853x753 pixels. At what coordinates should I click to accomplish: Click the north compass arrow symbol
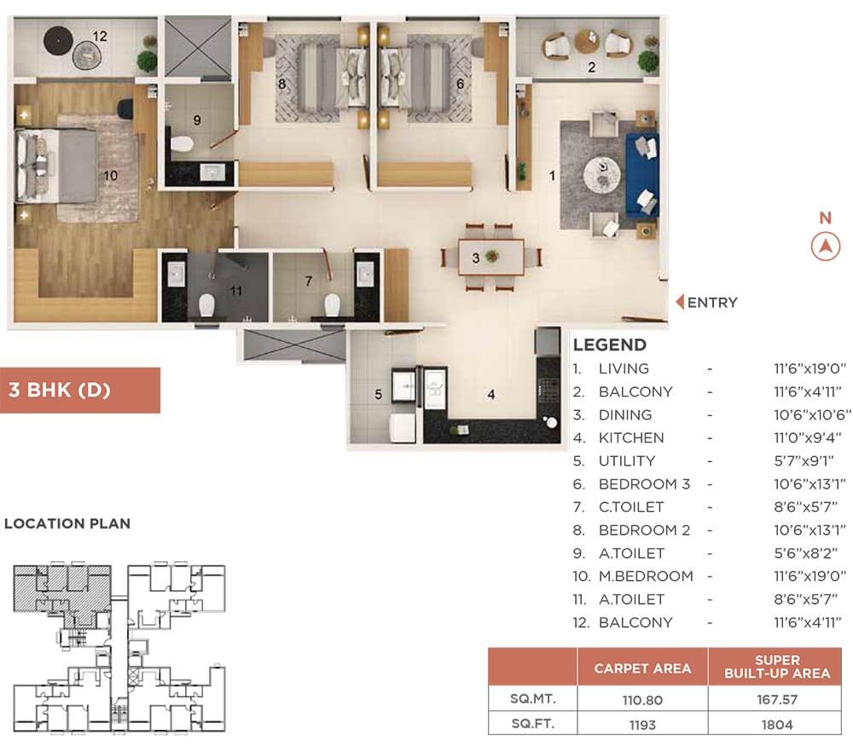(825, 246)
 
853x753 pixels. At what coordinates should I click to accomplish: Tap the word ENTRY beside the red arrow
(712, 302)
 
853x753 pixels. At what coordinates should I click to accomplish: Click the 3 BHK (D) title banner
(80, 390)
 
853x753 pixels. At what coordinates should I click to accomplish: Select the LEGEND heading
(609, 345)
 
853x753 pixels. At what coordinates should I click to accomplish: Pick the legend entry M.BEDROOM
(646, 576)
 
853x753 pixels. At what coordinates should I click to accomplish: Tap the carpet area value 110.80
(642, 700)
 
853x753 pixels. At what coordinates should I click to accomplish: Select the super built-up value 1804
(777, 725)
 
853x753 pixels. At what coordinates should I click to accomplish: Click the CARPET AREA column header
(642, 669)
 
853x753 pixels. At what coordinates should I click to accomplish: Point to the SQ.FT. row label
(532, 724)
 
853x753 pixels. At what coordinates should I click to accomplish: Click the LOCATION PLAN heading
(67, 524)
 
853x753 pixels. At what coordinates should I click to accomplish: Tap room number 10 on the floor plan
(110, 176)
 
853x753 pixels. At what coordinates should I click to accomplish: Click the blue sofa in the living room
(642, 175)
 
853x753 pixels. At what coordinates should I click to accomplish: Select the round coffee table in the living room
(601, 175)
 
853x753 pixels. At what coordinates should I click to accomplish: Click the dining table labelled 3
(491, 258)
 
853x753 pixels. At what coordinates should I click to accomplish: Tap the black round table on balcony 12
(58, 40)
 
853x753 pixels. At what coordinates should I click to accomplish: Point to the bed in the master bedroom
(57, 165)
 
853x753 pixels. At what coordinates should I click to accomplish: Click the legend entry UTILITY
(627, 461)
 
